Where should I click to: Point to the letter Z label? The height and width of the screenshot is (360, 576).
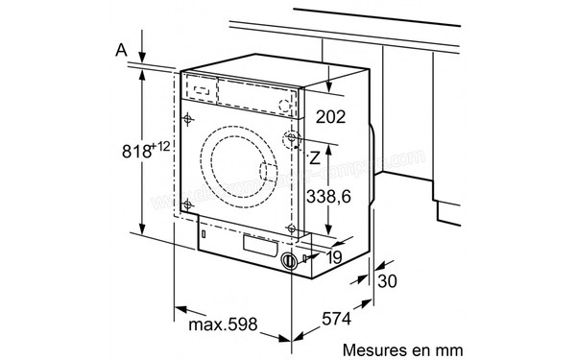314,156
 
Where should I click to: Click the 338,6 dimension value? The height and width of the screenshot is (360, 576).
336,198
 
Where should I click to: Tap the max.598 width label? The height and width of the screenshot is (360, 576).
221,326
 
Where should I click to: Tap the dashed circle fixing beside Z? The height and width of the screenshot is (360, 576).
291,141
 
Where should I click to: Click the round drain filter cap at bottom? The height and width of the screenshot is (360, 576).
288,261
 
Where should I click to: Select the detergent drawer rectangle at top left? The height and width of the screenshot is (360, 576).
200,87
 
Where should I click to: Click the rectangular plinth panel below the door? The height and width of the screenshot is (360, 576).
254,246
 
